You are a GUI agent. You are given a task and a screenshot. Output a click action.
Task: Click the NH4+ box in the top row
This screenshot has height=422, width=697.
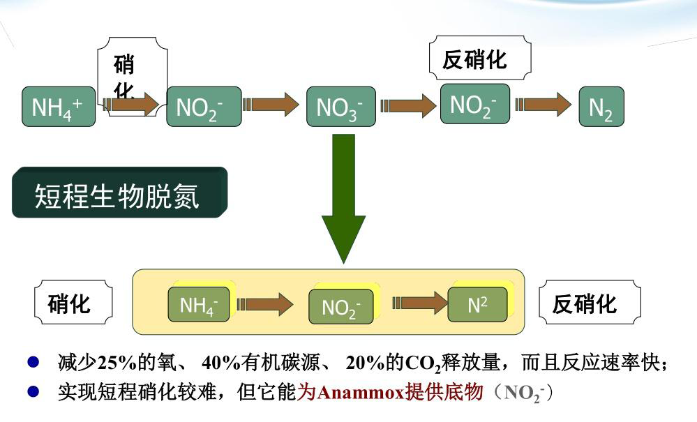[58, 107]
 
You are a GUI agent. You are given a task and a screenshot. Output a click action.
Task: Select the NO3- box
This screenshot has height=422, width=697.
[341, 107]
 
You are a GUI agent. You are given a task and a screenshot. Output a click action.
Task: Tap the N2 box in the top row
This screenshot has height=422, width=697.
[601, 107]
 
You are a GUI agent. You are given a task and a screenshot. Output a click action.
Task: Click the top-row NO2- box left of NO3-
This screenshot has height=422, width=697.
[204, 107]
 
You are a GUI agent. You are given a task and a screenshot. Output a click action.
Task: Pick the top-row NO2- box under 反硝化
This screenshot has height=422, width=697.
[474, 104]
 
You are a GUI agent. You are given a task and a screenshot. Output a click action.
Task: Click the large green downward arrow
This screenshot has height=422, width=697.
[343, 199]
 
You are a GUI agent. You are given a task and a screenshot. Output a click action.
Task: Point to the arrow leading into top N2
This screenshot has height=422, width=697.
[544, 105]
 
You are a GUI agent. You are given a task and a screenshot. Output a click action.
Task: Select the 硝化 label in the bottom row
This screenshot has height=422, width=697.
[73, 304]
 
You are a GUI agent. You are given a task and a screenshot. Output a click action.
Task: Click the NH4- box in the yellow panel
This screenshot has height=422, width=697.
[200, 305]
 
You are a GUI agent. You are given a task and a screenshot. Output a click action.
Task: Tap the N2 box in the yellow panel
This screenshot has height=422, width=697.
[478, 304]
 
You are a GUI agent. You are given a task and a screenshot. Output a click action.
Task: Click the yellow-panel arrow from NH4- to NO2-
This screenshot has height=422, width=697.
[266, 304]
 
